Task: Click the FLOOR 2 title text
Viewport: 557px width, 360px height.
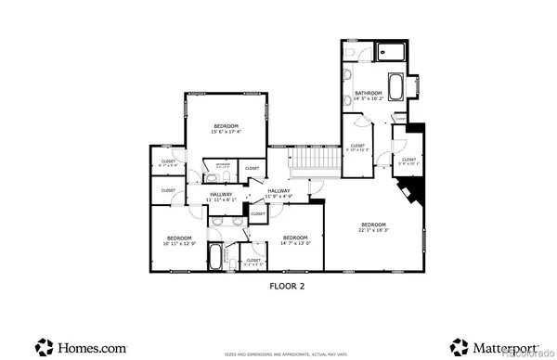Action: pyautogui.click(x=287, y=287)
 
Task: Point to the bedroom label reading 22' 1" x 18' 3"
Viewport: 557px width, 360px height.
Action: pyautogui.click(x=373, y=228)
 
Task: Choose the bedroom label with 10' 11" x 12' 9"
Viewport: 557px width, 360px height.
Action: pyautogui.click(x=179, y=240)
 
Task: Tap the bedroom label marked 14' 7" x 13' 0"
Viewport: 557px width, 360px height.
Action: pyautogui.click(x=294, y=240)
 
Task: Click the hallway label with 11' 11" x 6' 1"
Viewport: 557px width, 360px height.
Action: pyautogui.click(x=221, y=197)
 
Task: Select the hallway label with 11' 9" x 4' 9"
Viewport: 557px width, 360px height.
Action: pyautogui.click(x=278, y=194)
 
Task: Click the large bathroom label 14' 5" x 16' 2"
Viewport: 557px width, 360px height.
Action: pyautogui.click(x=369, y=95)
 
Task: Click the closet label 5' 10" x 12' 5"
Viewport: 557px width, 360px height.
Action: pyautogui.click(x=357, y=148)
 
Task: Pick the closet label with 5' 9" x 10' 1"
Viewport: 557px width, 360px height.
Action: pyautogui.click(x=408, y=161)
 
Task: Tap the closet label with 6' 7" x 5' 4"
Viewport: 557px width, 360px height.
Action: pyautogui.click(x=168, y=163)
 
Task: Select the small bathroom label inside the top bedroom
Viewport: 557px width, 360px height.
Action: pyautogui.click(x=223, y=165)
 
